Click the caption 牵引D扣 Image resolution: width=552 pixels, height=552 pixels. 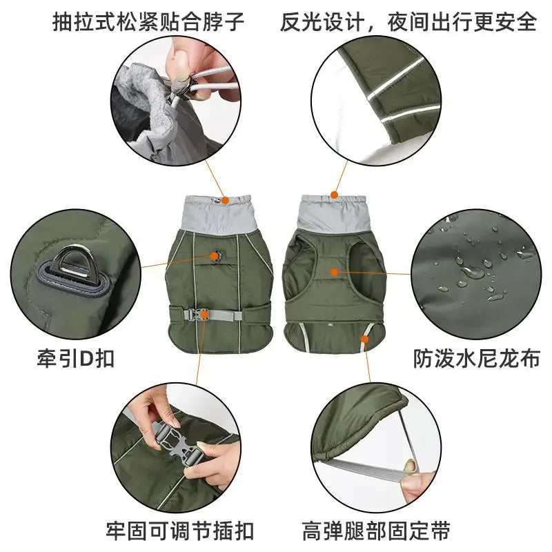(75, 359)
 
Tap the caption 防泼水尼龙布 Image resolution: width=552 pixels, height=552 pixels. (476, 359)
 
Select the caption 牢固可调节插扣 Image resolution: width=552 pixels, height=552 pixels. (180, 531)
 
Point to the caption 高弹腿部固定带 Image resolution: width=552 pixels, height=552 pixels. (376, 531)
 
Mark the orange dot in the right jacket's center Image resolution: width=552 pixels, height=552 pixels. (335, 272)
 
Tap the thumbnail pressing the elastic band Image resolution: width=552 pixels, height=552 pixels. (411, 469)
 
